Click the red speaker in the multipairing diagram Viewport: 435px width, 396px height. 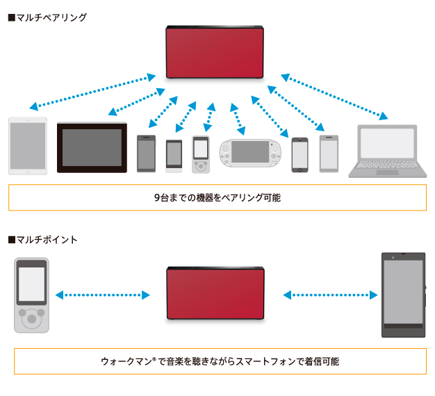click(x=215, y=51)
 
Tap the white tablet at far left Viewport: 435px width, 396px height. click(x=28, y=145)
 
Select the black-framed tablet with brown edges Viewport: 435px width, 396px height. click(x=92, y=147)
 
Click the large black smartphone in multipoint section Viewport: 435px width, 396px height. click(x=402, y=295)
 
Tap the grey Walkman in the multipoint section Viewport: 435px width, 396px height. click(x=32, y=295)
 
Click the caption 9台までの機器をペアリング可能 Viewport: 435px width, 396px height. click(x=217, y=197)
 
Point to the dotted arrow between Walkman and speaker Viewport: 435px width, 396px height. click(x=103, y=295)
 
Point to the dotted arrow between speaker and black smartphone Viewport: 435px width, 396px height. click(x=330, y=295)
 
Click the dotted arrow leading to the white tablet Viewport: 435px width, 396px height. click(x=94, y=91)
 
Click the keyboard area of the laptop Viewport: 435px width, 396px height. click(x=387, y=167)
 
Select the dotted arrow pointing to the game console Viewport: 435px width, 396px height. click(x=238, y=118)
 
